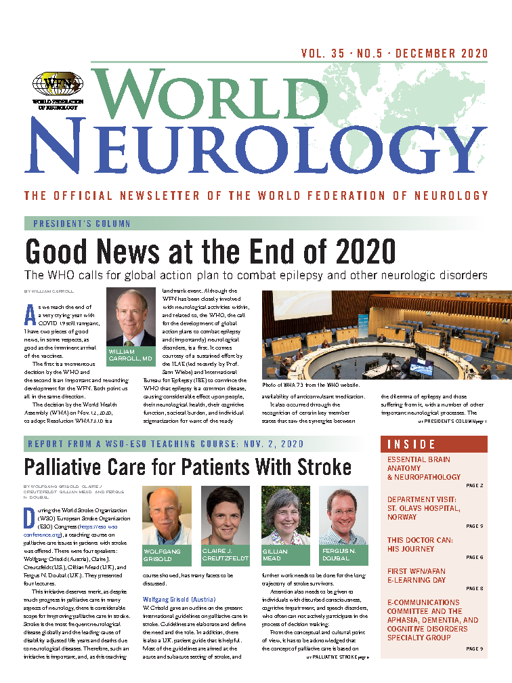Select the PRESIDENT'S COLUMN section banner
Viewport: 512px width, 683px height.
(x=77, y=224)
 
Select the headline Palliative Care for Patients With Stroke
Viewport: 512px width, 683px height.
(x=188, y=468)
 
